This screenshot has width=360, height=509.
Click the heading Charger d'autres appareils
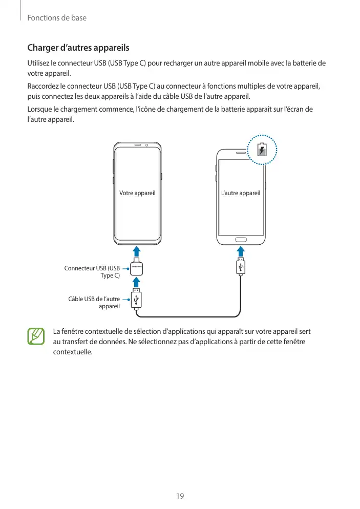pos(78,48)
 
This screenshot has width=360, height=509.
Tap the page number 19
pos(180,496)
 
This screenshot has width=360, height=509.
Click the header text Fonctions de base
pos(57,18)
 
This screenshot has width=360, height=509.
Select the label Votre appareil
pos(137,193)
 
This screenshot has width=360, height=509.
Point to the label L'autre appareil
pos(241,193)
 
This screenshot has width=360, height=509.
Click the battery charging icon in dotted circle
pos(262,150)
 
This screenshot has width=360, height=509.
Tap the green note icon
pos(36,336)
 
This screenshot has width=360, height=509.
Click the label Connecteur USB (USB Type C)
pos(92,272)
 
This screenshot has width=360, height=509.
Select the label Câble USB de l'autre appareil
pos(94,303)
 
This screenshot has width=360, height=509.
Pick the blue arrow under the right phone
pos(241,252)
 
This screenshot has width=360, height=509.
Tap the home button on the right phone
pos(240,239)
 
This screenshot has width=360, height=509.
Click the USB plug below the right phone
pos(241,268)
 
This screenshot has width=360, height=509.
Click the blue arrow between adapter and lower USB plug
pos(136,283)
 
